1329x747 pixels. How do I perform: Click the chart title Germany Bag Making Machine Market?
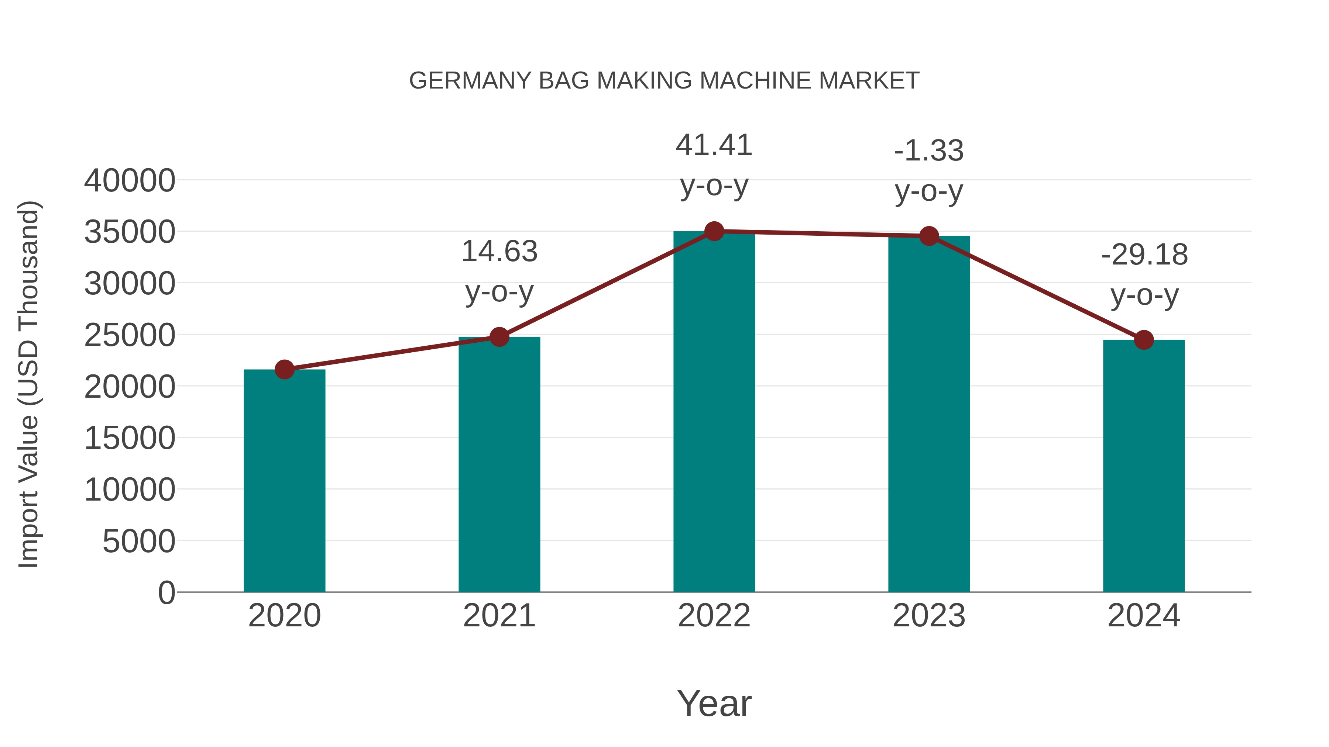(664, 81)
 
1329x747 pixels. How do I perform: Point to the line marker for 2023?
(929, 236)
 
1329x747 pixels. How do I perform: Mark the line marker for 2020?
(284, 369)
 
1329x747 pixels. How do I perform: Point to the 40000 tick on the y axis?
(130, 181)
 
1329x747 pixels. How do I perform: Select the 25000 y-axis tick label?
(130, 336)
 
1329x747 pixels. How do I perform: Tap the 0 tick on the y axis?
(166, 592)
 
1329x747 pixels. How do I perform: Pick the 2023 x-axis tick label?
(929, 616)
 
